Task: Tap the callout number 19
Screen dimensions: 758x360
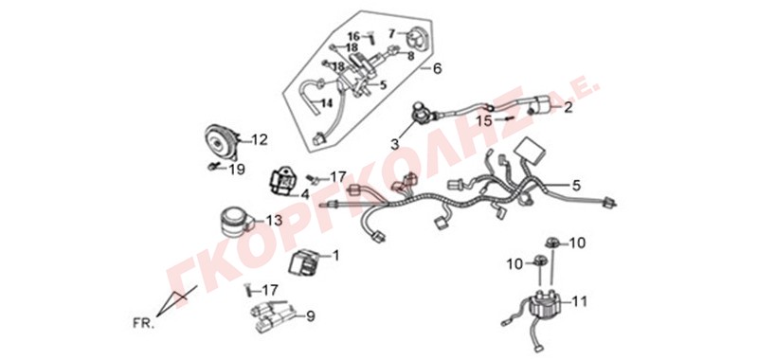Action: (236, 170)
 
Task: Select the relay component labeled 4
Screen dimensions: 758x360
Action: (282, 182)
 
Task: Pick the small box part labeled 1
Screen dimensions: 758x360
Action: (303, 262)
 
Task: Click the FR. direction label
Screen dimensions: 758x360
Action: (144, 323)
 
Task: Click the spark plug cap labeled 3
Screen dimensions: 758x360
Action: (420, 113)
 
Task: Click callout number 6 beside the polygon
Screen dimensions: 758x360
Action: (437, 68)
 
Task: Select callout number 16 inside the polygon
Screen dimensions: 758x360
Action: (353, 36)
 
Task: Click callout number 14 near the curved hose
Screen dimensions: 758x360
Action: (327, 103)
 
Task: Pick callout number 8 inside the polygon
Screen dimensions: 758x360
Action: (410, 56)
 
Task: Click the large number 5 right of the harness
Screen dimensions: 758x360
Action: (575, 185)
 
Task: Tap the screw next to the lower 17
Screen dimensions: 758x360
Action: (249, 291)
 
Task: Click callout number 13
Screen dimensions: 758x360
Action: (274, 221)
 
